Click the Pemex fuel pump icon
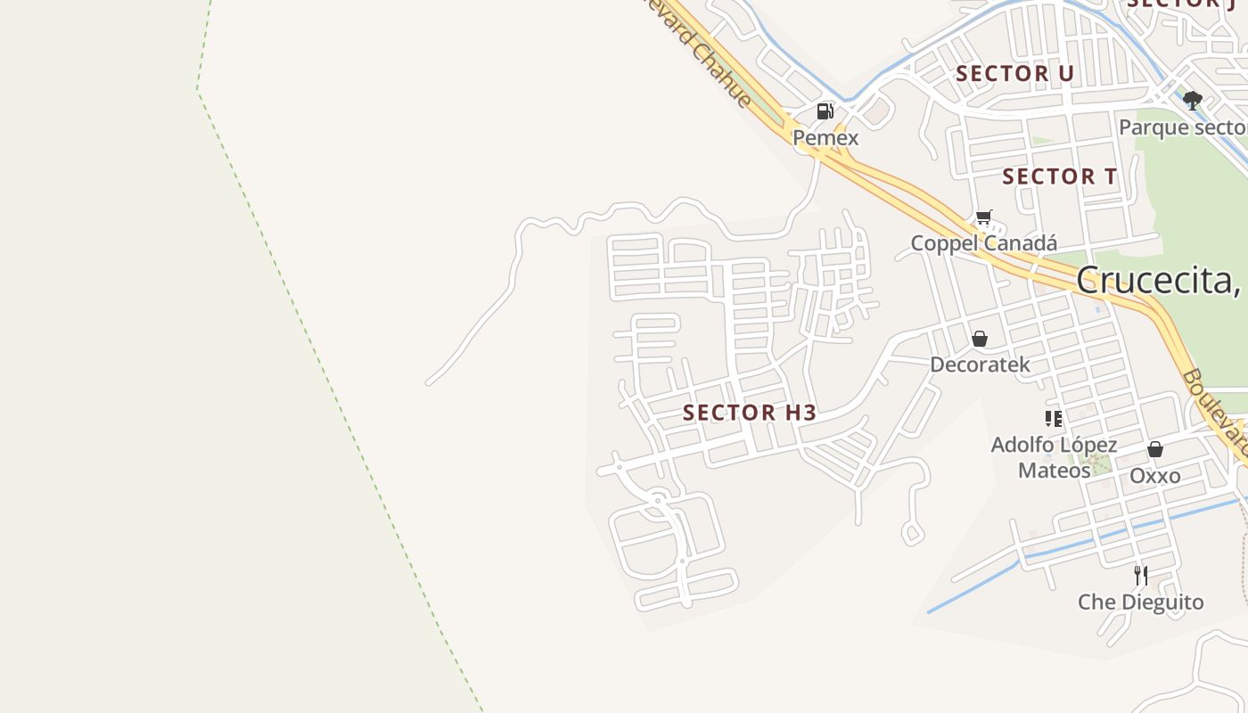tap(825, 111)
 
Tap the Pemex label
tap(825, 138)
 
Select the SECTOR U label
tap(1014, 74)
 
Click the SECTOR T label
tap(1059, 176)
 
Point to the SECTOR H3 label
tap(750, 413)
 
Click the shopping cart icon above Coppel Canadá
tap(984, 217)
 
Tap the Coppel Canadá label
tap(983, 243)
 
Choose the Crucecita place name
tap(1159, 280)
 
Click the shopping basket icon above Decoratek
tap(980, 339)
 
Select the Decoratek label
tap(980, 365)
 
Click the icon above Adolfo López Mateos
tap(1054, 418)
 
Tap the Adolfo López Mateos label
tap(1054, 456)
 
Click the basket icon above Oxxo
tap(1155, 449)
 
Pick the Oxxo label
tap(1155, 476)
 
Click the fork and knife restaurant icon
tap(1141, 575)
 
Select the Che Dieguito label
tap(1141, 602)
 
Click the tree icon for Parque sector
tap(1193, 100)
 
